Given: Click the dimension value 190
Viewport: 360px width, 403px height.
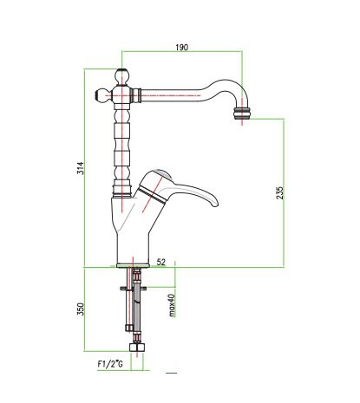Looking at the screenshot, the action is click(x=182, y=47).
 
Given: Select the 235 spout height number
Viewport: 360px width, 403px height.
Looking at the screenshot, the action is click(x=280, y=192).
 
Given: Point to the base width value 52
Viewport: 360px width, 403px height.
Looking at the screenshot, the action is click(x=161, y=262).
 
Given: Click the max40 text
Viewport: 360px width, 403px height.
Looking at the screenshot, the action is click(x=172, y=305).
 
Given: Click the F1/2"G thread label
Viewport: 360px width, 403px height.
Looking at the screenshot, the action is click(x=110, y=364).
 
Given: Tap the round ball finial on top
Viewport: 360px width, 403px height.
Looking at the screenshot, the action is click(x=121, y=76).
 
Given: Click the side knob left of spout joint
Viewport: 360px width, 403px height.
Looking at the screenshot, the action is click(x=101, y=95).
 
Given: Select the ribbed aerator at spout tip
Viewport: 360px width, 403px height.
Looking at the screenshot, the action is click(x=243, y=114).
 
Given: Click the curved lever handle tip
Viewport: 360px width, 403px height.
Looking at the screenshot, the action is click(x=214, y=203).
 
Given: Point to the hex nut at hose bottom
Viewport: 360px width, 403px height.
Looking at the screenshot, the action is click(x=137, y=347).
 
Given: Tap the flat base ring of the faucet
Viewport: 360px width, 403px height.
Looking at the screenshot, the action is click(x=133, y=265).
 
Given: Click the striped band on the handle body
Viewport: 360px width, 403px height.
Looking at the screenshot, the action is click(x=152, y=194).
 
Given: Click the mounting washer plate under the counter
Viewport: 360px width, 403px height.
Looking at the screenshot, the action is click(x=134, y=288).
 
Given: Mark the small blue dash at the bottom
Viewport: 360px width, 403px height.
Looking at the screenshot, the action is click(x=171, y=373).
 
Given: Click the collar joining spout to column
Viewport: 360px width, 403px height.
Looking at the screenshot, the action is click(x=135, y=95).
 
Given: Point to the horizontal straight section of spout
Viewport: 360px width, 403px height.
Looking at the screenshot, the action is click(x=171, y=95).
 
